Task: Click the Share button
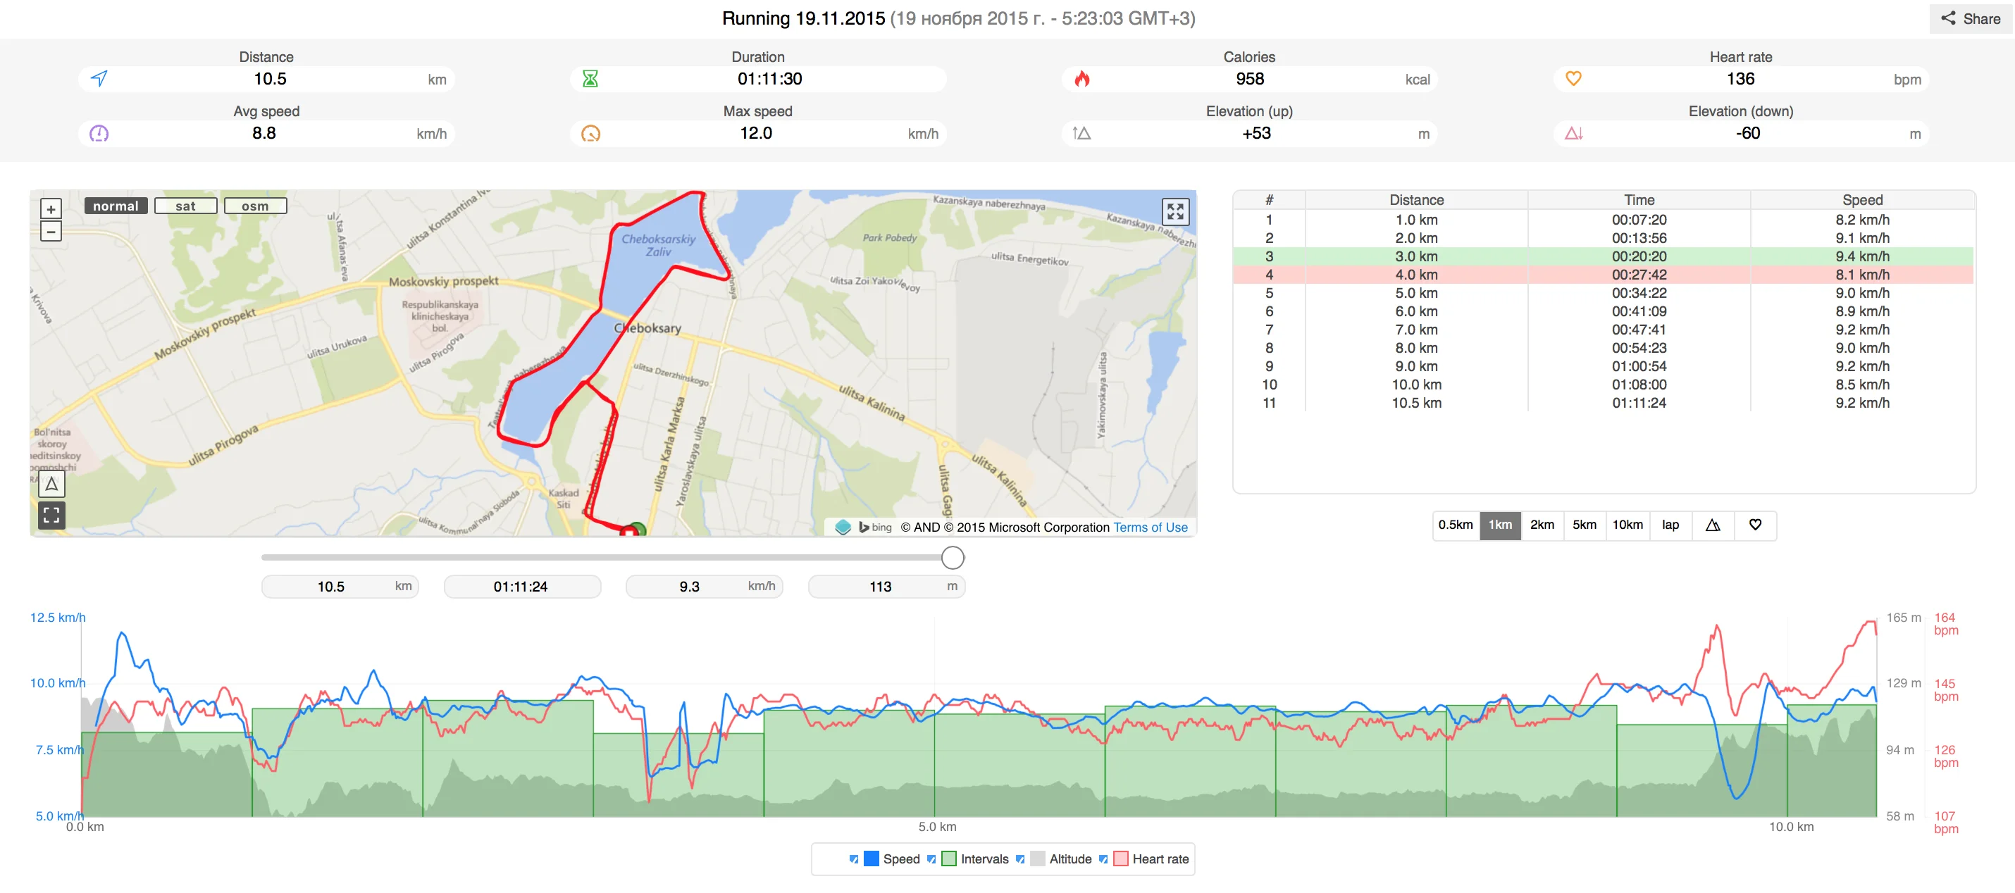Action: pyautogui.click(x=1971, y=19)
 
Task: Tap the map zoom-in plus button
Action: pyautogui.click(x=51, y=208)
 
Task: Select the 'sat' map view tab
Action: pyautogui.click(x=185, y=206)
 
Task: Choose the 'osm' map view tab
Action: pyautogui.click(x=255, y=206)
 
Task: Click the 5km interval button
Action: pyautogui.click(x=1584, y=525)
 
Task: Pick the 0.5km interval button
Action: pyautogui.click(x=1455, y=525)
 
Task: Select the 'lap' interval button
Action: pyautogui.click(x=1670, y=525)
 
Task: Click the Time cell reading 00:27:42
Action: pyautogui.click(x=1639, y=275)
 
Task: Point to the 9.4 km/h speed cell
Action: pyautogui.click(x=1861, y=256)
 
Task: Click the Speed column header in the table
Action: pyautogui.click(x=1861, y=200)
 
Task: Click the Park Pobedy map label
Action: pyautogui.click(x=889, y=238)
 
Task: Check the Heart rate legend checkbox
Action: pyautogui.click(x=1103, y=858)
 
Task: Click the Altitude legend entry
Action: pyautogui.click(x=1069, y=858)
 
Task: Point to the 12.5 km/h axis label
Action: pyautogui.click(x=57, y=618)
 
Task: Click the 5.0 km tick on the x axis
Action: pyautogui.click(x=936, y=827)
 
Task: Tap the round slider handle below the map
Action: pyautogui.click(x=952, y=558)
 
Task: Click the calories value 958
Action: pyautogui.click(x=1249, y=79)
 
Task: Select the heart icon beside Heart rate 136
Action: pyautogui.click(x=1573, y=79)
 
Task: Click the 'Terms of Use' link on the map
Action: pyautogui.click(x=1150, y=527)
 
